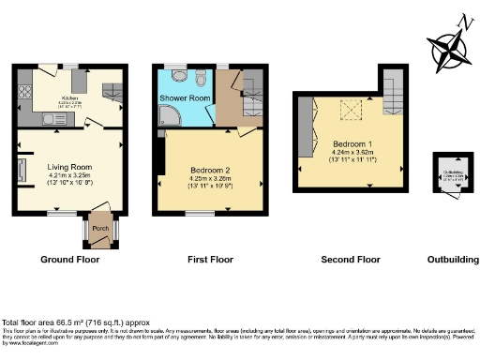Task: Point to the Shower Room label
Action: pyautogui.click(x=184, y=97)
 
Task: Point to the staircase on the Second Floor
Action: pyautogui.click(x=395, y=92)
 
